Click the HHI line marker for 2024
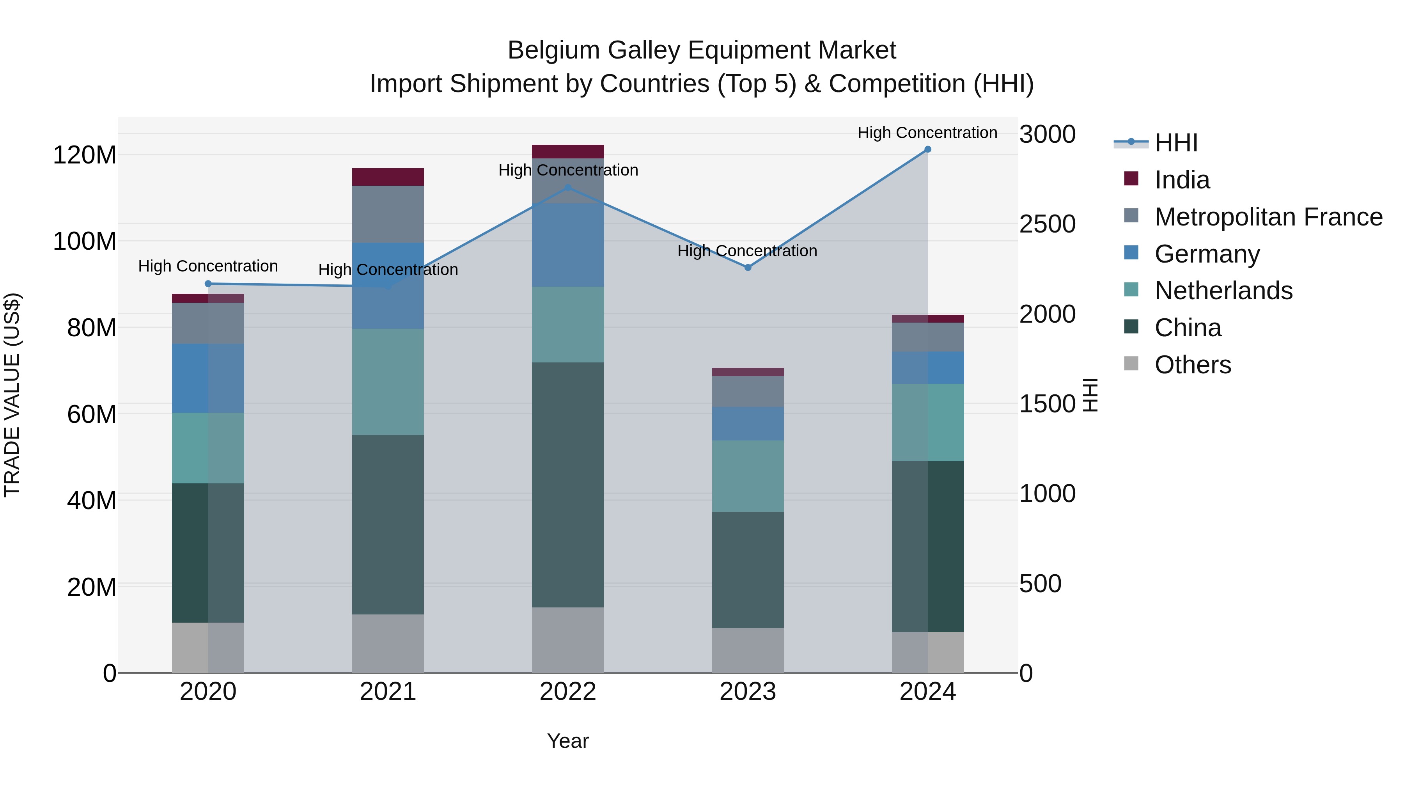click(928, 149)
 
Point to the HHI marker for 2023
click(748, 268)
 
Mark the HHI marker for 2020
click(208, 284)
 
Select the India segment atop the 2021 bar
click(388, 177)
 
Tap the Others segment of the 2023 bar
click(748, 650)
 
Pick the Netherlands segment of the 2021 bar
click(388, 382)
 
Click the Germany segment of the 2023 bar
click(748, 424)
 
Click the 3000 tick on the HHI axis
click(1048, 135)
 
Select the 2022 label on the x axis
click(568, 692)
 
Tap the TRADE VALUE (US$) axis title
click(12, 395)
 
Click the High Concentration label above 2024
click(928, 133)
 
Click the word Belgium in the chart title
click(554, 50)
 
